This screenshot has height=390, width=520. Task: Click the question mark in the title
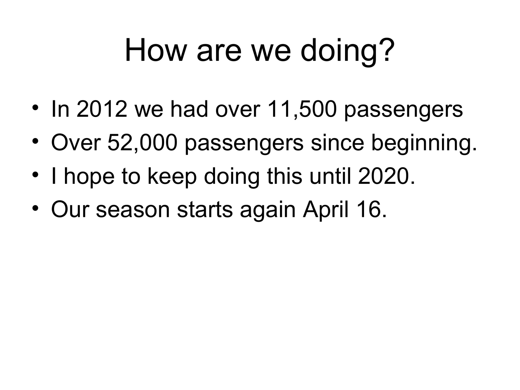(386, 50)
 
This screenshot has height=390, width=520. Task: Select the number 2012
(102, 109)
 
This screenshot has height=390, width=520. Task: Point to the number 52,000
(142, 143)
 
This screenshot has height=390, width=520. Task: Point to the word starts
(205, 210)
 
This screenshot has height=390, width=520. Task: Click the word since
(337, 143)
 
